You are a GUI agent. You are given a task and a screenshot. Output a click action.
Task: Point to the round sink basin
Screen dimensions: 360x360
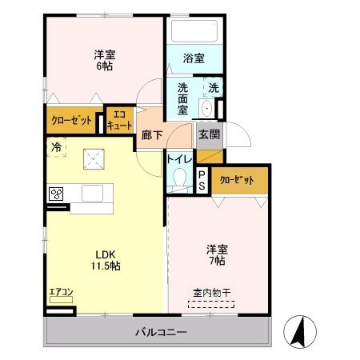[206, 108]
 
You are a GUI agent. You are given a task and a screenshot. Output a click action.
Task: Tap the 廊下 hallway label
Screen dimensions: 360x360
[152, 136]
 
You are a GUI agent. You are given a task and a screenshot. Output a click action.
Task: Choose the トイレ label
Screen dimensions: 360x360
[178, 158]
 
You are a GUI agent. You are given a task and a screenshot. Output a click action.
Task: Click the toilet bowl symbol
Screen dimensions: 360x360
[180, 177]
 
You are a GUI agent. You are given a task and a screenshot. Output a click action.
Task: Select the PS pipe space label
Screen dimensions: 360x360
[202, 180]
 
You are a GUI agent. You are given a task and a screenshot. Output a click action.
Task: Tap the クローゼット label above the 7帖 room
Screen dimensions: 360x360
[237, 180]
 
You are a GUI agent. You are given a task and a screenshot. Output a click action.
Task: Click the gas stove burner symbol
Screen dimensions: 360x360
[57, 193]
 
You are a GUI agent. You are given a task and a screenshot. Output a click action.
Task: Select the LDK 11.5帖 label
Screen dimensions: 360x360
[103, 260]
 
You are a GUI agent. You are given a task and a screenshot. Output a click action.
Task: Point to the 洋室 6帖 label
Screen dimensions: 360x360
[103, 60]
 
